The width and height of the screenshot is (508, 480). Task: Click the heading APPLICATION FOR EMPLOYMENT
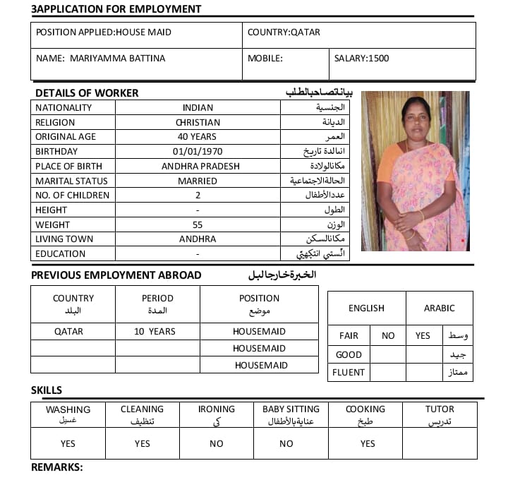116,9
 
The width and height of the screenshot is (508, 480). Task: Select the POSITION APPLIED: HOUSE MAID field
104,32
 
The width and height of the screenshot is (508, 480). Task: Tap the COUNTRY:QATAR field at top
284,32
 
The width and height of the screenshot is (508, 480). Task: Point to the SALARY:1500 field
361,59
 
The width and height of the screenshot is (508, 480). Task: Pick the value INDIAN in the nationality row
198,108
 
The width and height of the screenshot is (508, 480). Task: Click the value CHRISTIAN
198,123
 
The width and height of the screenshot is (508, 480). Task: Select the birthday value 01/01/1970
198,152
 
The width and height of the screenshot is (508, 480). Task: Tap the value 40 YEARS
198,137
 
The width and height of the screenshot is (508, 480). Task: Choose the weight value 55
198,225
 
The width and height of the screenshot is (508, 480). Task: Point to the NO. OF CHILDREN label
73,196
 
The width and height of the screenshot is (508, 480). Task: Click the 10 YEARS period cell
155,331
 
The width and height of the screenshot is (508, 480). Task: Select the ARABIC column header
439,308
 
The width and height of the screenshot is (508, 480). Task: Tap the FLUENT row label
350,373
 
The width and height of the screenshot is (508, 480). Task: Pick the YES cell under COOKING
368,444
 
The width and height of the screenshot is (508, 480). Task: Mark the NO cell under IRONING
216,444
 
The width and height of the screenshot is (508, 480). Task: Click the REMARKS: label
57,467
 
